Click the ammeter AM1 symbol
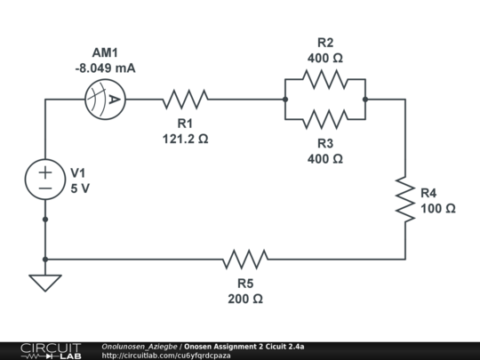[x=102, y=100]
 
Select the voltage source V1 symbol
[x=44, y=180]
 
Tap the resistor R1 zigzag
[x=185, y=100]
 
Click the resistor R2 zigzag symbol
[x=325, y=80]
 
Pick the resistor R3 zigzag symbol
[x=325, y=119]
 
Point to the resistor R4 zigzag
[x=405, y=200]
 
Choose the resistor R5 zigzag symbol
[x=245, y=260]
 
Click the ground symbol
[x=44, y=282]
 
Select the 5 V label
[x=79, y=188]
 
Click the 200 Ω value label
[x=245, y=299]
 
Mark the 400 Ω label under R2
[x=325, y=58]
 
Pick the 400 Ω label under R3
[x=325, y=158]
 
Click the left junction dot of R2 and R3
[x=284, y=100]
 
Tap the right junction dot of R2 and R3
[x=365, y=100]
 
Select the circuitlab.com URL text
[x=166, y=355]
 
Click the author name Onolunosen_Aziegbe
[x=140, y=345]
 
